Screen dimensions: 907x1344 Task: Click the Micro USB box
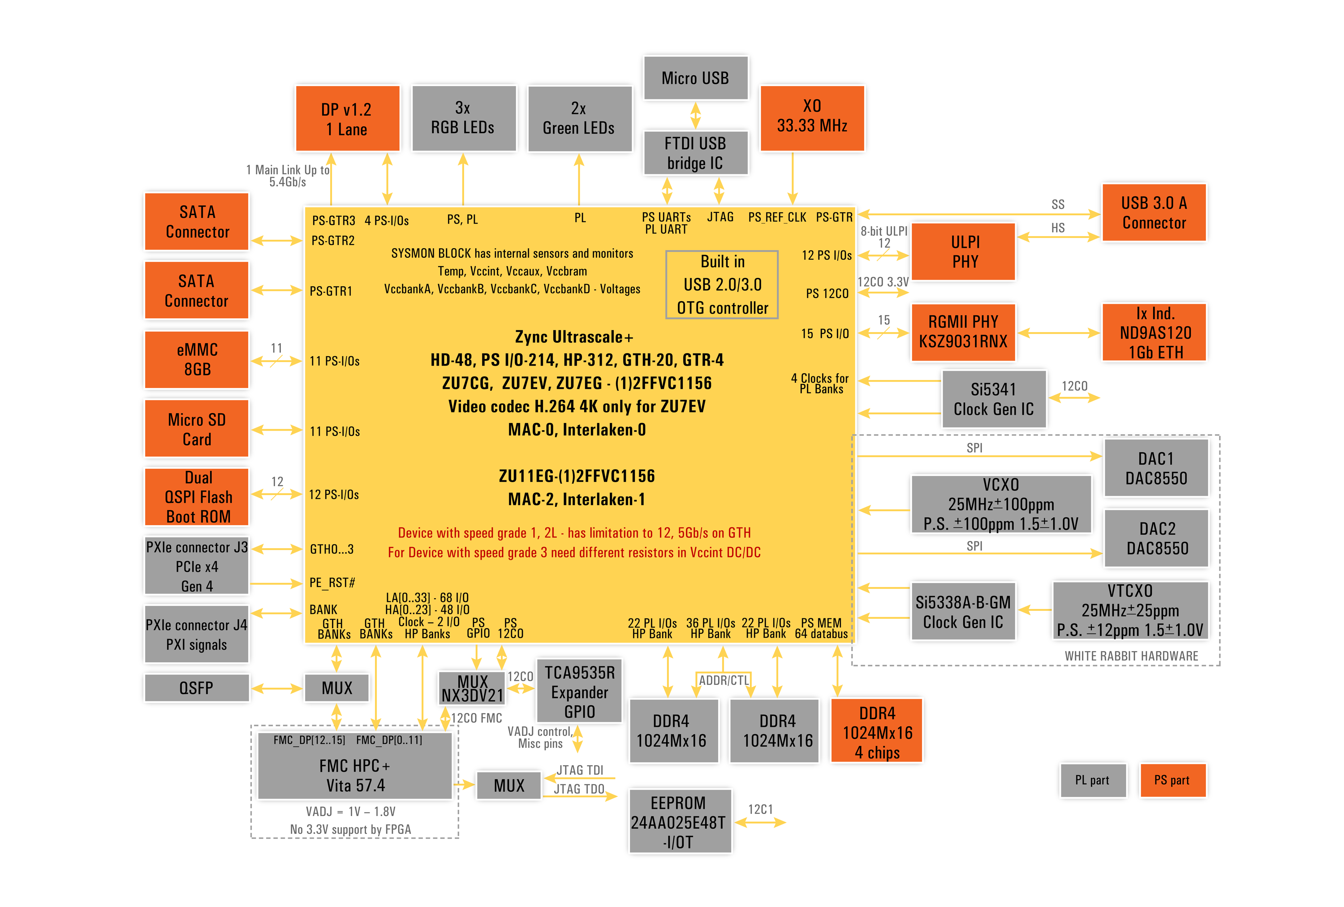click(695, 78)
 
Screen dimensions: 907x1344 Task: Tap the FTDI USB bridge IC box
click(695, 153)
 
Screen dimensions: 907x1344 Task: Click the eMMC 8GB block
click(197, 359)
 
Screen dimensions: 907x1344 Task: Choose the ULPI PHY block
click(964, 252)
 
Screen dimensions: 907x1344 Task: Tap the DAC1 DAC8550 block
click(1155, 468)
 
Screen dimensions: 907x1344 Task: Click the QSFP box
click(197, 688)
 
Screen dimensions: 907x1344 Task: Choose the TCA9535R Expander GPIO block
click(579, 691)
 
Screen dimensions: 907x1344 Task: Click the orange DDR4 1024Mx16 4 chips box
click(876, 732)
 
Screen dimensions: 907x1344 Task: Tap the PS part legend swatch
click(1172, 780)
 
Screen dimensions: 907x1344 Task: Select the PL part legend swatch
click(1092, 780)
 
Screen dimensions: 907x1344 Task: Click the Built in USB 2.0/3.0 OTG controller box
click(722, 285)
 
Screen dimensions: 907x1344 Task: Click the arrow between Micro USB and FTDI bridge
click(695, 115)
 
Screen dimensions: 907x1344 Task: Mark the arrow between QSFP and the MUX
click(277, 688)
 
